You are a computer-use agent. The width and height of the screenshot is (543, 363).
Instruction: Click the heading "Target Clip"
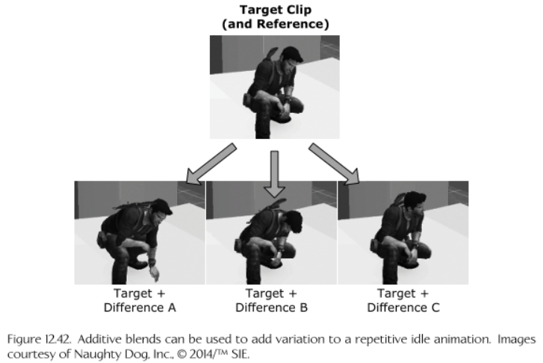276,10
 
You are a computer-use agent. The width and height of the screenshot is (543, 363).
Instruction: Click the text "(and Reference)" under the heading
276,24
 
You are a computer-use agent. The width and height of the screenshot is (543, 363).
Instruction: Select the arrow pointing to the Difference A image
211,164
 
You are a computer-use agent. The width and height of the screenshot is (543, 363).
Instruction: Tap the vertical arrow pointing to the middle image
275,174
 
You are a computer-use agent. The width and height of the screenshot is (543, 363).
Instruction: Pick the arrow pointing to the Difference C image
334,164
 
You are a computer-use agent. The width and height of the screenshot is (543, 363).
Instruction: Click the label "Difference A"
140,308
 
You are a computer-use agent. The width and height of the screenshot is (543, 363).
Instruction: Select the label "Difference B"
272,308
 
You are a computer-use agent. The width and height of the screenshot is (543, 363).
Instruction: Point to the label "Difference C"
403,308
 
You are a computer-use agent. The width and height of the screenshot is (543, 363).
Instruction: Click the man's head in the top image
291,58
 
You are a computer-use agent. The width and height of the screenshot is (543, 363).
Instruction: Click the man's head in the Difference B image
293,221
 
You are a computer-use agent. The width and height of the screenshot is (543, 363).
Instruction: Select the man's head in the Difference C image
415,202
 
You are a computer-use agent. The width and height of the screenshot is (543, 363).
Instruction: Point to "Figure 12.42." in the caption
39,339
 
